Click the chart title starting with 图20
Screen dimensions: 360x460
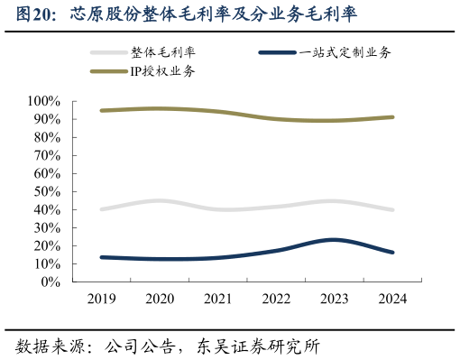(x=180, y=15)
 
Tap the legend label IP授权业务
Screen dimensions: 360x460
(x=161, y=70)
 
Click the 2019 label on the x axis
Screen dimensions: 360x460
(x=102, y=299)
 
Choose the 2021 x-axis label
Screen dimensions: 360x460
(x=217, y=299)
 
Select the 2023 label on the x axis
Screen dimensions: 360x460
(x=334, y=299)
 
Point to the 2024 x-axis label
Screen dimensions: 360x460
(x=391, y=299)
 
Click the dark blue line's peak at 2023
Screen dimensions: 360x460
(x=334, y=239)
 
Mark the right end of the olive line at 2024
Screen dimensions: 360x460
(x=391, y=116)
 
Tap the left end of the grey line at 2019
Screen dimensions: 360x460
(x=102, y=208)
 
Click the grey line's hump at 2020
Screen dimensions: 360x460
(x=160, y=200)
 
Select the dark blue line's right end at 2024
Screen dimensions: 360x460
(x=391, y=252)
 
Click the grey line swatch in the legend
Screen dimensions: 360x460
(x=109, y=53)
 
